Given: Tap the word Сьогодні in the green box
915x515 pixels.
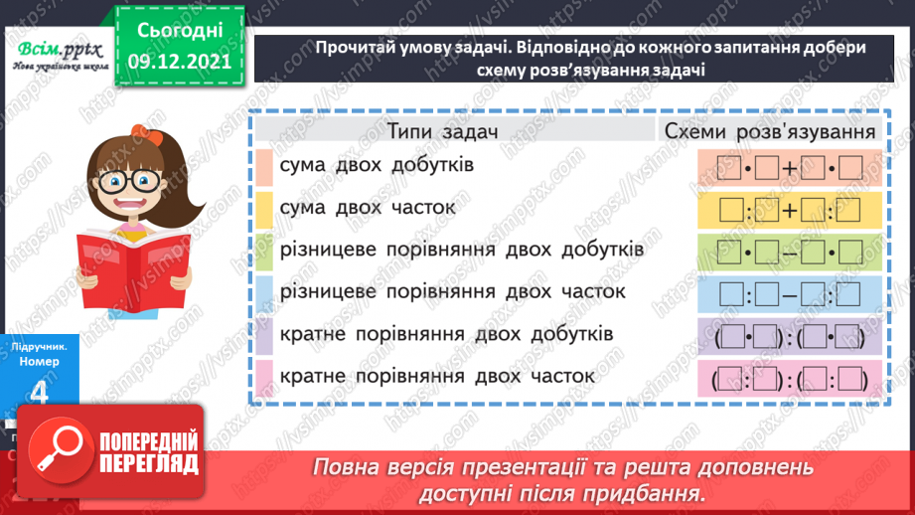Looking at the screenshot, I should click(x=179, y=28).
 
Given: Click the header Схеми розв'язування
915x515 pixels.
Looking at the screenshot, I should click(x=769, y=131).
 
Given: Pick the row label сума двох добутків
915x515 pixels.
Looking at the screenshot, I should click(x=377, y=165).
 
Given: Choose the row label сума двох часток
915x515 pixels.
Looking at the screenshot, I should click(x=368, y=208).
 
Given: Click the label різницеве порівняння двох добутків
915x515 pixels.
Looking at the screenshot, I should click(x=462, y=250).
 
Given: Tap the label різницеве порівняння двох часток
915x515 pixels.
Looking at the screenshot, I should click(x=452, y=291).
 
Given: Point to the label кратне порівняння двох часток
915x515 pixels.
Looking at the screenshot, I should click(x=437, y=377).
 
